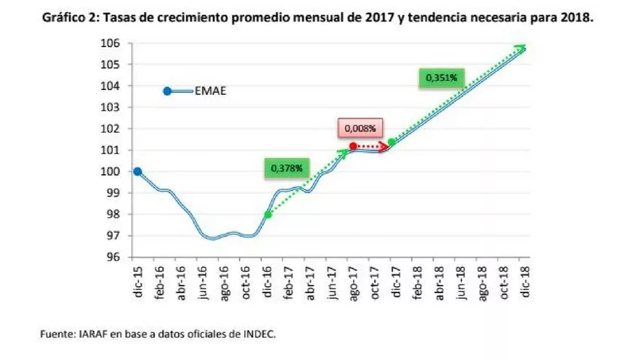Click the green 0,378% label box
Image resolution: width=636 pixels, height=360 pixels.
284,168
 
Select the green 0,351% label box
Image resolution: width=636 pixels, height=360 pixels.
440,77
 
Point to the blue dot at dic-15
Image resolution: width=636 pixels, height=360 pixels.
138,171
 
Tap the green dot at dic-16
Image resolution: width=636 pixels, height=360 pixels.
268,214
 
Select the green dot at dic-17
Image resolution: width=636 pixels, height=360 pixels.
391,143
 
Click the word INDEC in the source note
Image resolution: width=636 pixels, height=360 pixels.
258,335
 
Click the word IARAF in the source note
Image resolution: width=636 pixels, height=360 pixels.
87,335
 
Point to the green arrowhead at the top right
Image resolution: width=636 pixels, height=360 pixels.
520,48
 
